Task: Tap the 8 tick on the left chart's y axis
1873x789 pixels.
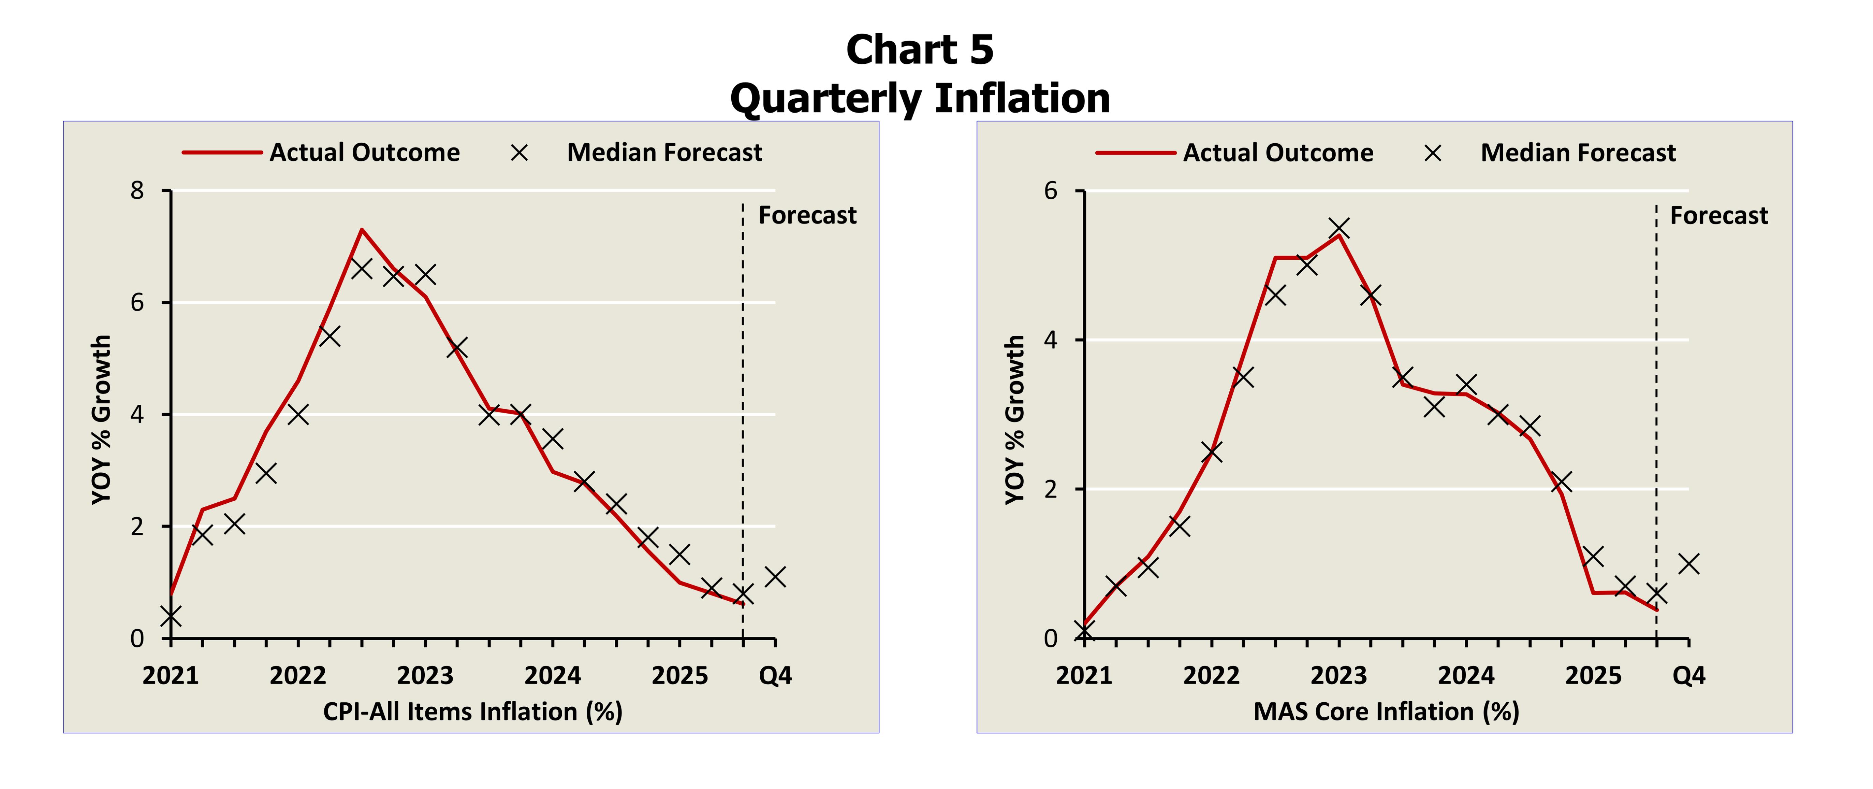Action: click(137, 190)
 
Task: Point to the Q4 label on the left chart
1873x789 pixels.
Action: click(775, 676)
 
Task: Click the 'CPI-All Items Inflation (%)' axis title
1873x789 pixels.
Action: click(473, 711)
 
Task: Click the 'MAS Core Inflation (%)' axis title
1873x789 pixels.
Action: click(1386, 711)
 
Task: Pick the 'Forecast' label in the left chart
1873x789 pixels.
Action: click(807, 215)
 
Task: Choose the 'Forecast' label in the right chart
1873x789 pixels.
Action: click(1719, 215)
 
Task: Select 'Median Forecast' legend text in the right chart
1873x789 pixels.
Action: click(1578, 153)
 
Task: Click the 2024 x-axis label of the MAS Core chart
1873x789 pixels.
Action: click(1466, 676)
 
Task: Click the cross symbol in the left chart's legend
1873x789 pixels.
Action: click(519, 153)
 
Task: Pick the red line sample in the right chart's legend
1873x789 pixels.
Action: click(1135, 153)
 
